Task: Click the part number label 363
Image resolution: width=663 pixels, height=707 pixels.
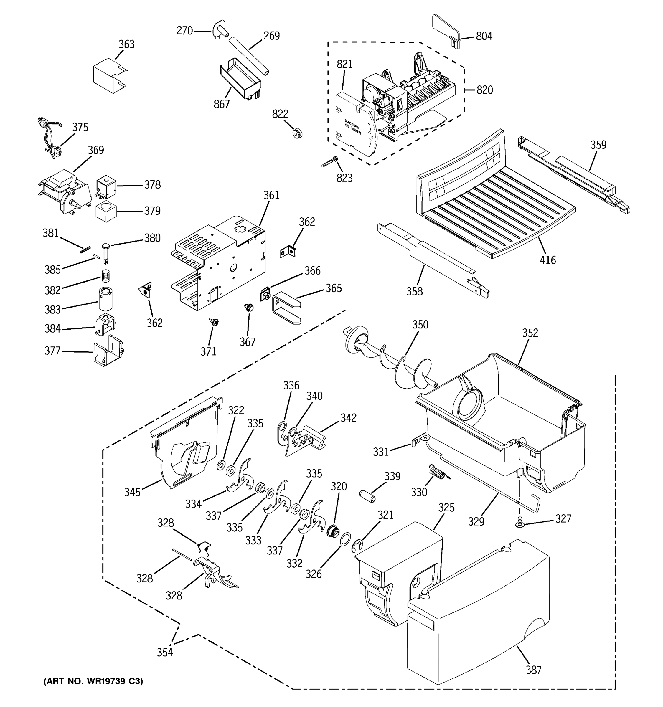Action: coord(127,44)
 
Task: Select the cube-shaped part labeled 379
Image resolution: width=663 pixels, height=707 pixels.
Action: coord(106,211)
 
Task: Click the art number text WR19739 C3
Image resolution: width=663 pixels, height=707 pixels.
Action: coord(93,681)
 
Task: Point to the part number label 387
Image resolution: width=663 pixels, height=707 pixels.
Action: coord(534,670)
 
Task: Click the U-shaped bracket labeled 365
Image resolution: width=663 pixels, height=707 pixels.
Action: coord(286,306)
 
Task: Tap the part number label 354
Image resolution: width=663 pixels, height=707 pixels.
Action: coord(165,652)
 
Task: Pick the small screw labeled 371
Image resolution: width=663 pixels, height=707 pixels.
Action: coord(215,322)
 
